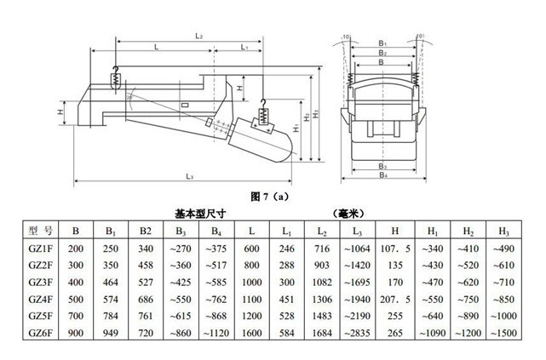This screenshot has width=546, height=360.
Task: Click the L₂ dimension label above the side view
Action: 198,36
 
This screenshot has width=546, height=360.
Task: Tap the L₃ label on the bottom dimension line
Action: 189,176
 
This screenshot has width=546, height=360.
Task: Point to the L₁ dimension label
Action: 244,47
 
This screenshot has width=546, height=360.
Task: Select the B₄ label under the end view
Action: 383,174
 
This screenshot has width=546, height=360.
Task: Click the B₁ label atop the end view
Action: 382,43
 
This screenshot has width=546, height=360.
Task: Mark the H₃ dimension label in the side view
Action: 315,114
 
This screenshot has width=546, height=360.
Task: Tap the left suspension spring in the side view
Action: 116,81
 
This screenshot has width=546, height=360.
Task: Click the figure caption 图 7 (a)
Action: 269,197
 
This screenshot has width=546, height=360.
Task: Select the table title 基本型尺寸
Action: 200,214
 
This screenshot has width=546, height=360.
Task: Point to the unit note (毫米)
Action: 348,214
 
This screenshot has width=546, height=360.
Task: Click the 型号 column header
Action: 41,230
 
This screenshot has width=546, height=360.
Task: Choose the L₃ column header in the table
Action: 357,231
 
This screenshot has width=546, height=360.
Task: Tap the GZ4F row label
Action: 41,299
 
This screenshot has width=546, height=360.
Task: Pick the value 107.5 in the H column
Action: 395,249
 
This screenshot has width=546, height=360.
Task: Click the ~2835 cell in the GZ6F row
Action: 357,333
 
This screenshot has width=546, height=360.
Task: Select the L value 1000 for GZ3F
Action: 252,282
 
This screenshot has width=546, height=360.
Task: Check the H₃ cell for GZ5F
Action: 503,316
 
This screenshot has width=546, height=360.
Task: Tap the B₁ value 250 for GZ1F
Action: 111,249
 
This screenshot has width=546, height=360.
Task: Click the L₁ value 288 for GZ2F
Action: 286,266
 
